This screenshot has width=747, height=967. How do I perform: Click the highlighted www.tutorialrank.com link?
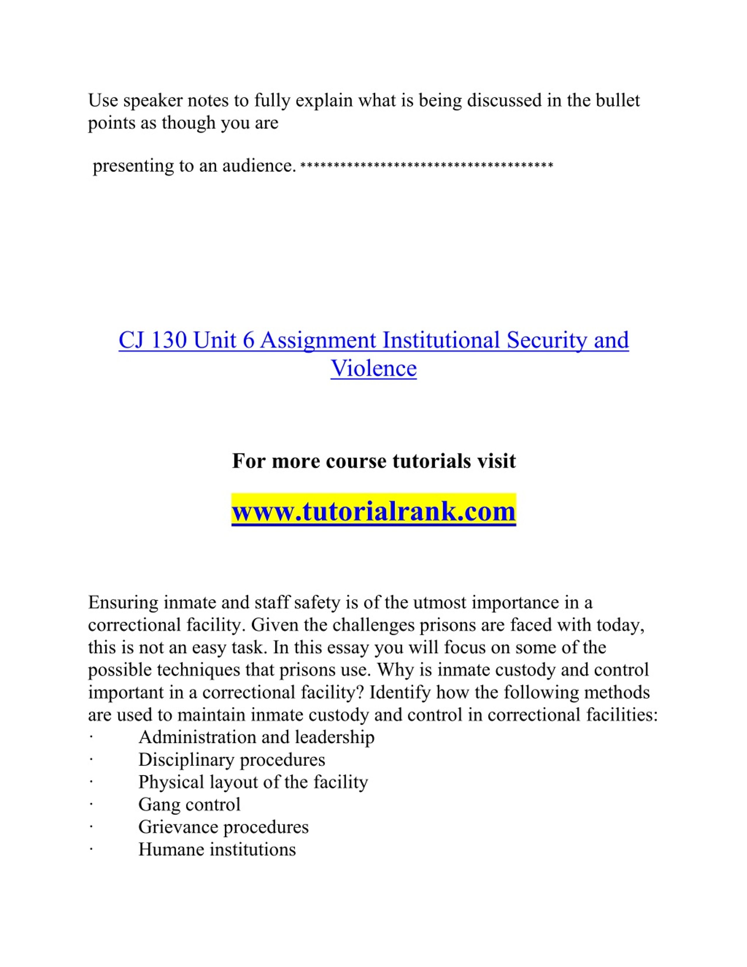pos(373,511)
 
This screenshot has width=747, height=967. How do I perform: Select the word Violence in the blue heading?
pos(373,368)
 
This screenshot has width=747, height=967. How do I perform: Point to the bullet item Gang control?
pos(189,804)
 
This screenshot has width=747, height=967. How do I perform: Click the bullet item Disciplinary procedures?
pos(231,760)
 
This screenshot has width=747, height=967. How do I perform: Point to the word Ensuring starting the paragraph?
pos(123,603)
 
